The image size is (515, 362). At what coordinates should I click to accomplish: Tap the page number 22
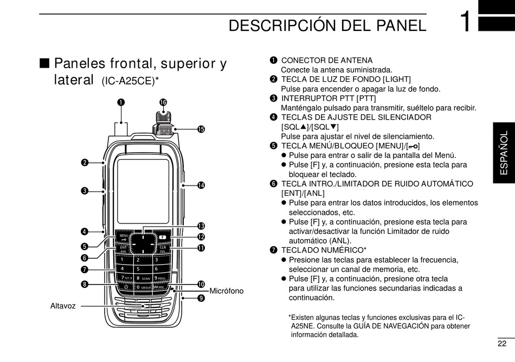click(501, 344)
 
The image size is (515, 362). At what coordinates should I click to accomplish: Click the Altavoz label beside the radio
click(62, 306)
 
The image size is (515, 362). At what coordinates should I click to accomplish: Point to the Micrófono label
click(226, 291)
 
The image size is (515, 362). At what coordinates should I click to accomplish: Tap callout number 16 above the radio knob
click(163, 102)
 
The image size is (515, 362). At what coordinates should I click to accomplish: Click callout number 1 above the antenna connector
click(121, 102)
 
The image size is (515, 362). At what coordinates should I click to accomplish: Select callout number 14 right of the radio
click(201, 185)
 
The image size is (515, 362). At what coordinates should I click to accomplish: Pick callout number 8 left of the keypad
click(85, 284)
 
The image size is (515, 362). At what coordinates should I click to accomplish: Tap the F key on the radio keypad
click(162, 237)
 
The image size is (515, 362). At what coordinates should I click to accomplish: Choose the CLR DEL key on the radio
click(162, 249)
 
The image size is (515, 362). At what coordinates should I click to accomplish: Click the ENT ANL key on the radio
click(124, 249)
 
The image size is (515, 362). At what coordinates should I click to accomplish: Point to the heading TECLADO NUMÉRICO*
click(324, 250)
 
